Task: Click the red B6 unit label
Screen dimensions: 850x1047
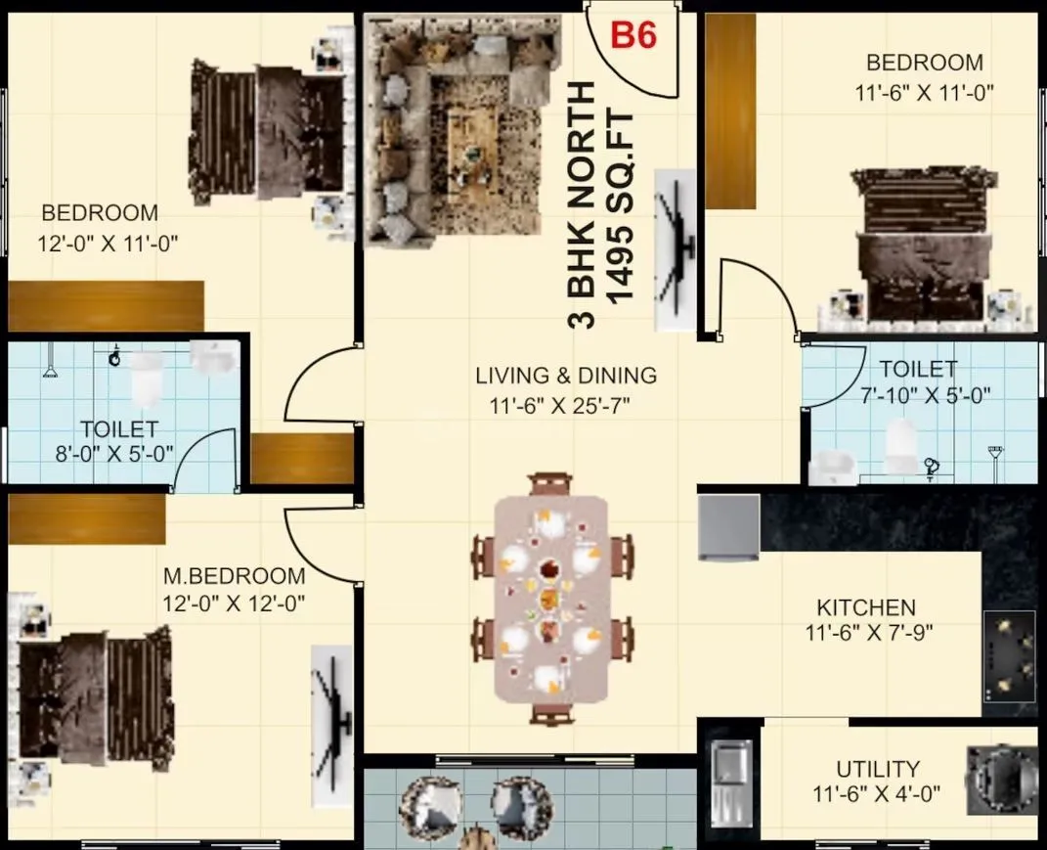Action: [633, 36]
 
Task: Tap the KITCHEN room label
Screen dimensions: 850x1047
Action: [866, 607]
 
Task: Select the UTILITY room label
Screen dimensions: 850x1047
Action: [877, 769]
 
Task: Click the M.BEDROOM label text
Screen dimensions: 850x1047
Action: [235, 576]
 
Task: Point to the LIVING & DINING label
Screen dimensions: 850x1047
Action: [566, 375]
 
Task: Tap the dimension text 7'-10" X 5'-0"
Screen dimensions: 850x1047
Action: [917, 395]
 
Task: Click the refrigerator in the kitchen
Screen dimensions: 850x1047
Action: [728, 527]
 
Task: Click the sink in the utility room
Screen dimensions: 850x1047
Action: [729, 783]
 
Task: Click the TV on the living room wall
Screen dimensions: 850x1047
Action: [675, 248]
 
